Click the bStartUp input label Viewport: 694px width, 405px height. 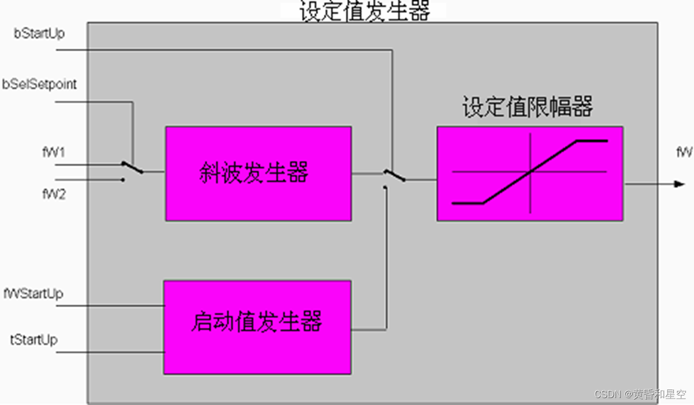(x=39, y=34)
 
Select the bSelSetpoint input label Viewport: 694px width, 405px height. (x=40, y=84)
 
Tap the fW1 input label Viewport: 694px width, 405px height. (x=53, y=153)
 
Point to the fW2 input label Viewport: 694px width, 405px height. (x=53, y=194)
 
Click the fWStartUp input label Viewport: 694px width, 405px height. (x=33, y=293)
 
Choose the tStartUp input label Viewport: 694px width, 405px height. (x=34, y=340)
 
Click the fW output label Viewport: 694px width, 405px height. (x=684, y=153)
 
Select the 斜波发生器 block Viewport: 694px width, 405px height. (x=258, y=174)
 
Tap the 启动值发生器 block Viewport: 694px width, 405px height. (x=257, y=327)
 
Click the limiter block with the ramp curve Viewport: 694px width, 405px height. (x=529, y=174)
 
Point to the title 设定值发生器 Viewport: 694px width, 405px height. (x=364, y=11)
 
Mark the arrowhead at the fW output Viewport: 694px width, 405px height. (x=679, y=184)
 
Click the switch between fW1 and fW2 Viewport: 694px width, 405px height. (x=132, y=168)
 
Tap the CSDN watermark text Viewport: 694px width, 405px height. (x=640, y=394)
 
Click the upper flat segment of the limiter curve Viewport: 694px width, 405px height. (x=592, y=141)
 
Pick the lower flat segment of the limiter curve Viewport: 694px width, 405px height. (x=467, y=204)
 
